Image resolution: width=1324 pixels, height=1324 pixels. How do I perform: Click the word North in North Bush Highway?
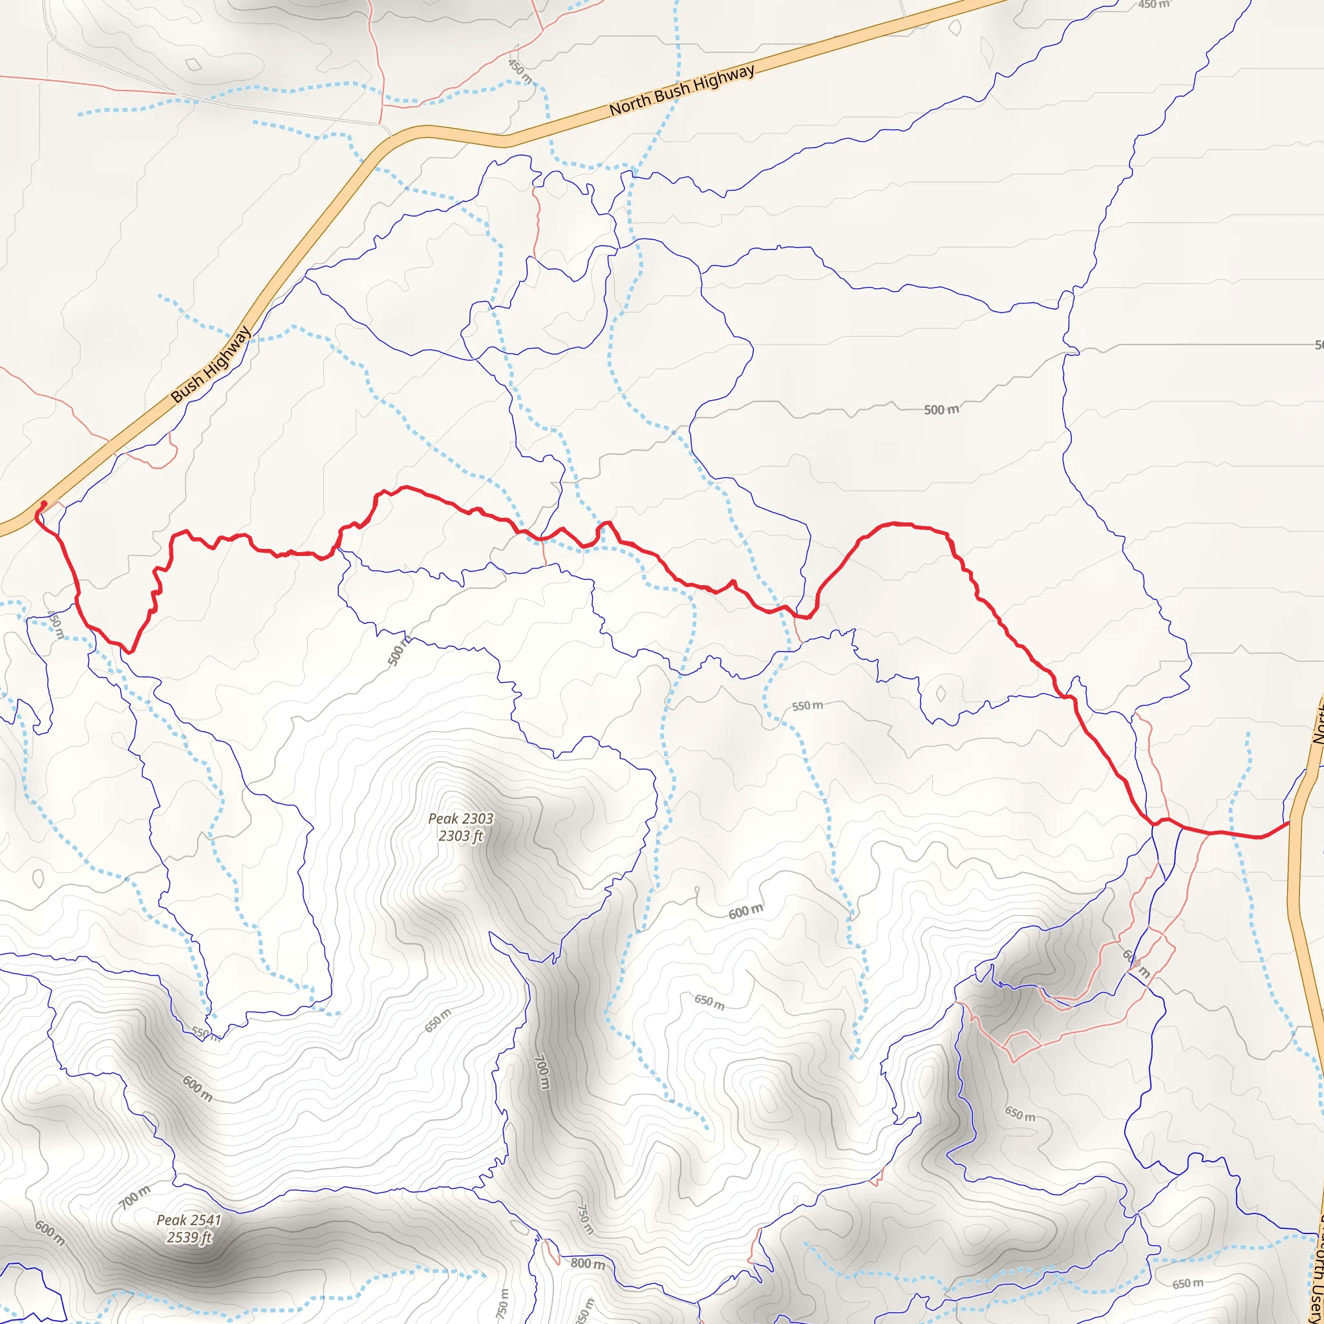tap(630, 104)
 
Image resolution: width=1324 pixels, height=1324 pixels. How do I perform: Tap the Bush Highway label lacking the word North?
tap(211, 365)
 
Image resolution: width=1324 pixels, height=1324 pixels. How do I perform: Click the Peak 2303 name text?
tap(460, 818)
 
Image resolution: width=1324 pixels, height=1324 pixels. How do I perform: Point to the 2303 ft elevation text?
tap(460, 836)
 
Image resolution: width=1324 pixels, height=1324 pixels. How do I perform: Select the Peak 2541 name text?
tap(189, 1220)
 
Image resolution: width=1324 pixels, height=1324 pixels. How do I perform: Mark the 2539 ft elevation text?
tap(189, 1237)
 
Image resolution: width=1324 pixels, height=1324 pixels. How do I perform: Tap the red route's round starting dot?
tap(44, 504)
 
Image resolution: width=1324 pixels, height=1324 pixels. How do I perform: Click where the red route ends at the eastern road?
tap(1290, 822)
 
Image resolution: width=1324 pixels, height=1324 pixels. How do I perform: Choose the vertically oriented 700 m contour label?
tap(541, 1071)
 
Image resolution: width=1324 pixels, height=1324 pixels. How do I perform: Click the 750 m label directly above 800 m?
tap(583, 1219)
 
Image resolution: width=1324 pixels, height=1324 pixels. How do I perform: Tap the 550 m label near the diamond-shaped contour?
tap(807, 706)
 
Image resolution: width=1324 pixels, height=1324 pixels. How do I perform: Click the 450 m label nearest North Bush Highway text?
tap(520, 71)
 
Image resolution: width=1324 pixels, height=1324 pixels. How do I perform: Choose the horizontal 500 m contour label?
tap(941, 410)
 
